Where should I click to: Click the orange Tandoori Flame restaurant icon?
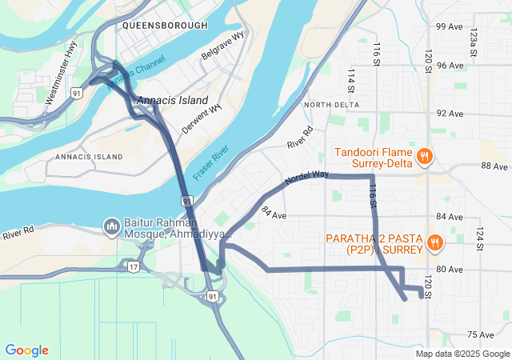pos(426,158)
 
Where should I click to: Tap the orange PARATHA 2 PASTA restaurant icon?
pos(435,242)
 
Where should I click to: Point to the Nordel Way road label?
pos(306,178)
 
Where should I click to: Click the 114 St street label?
pos(350,79)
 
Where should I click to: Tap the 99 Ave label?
pos(449,26)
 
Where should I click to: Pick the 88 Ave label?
pos(494,166)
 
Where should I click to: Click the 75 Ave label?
pos(482,335)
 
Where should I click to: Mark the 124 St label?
pos(481,238)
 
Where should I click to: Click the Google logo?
pos(26,350)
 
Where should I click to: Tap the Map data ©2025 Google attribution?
pos(462,354)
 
